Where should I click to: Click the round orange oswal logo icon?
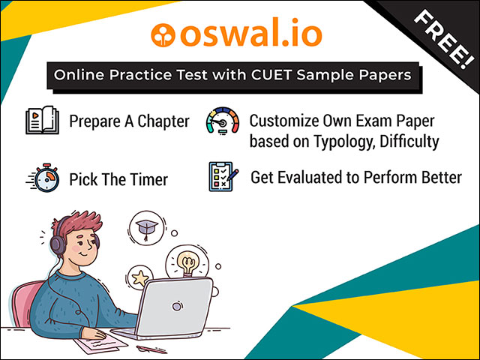(163, 34)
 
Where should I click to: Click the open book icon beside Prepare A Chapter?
(42, 120)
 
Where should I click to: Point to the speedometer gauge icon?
(223, 121)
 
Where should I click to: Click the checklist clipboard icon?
(223, 177)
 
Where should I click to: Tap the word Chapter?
(163, 121)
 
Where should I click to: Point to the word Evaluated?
(311, 177)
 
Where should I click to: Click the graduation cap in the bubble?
(147, 228)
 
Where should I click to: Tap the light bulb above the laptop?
(187, 262)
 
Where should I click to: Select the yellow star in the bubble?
(140, 278)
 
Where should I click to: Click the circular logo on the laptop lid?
(177, 306)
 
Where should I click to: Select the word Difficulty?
(409, 142)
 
